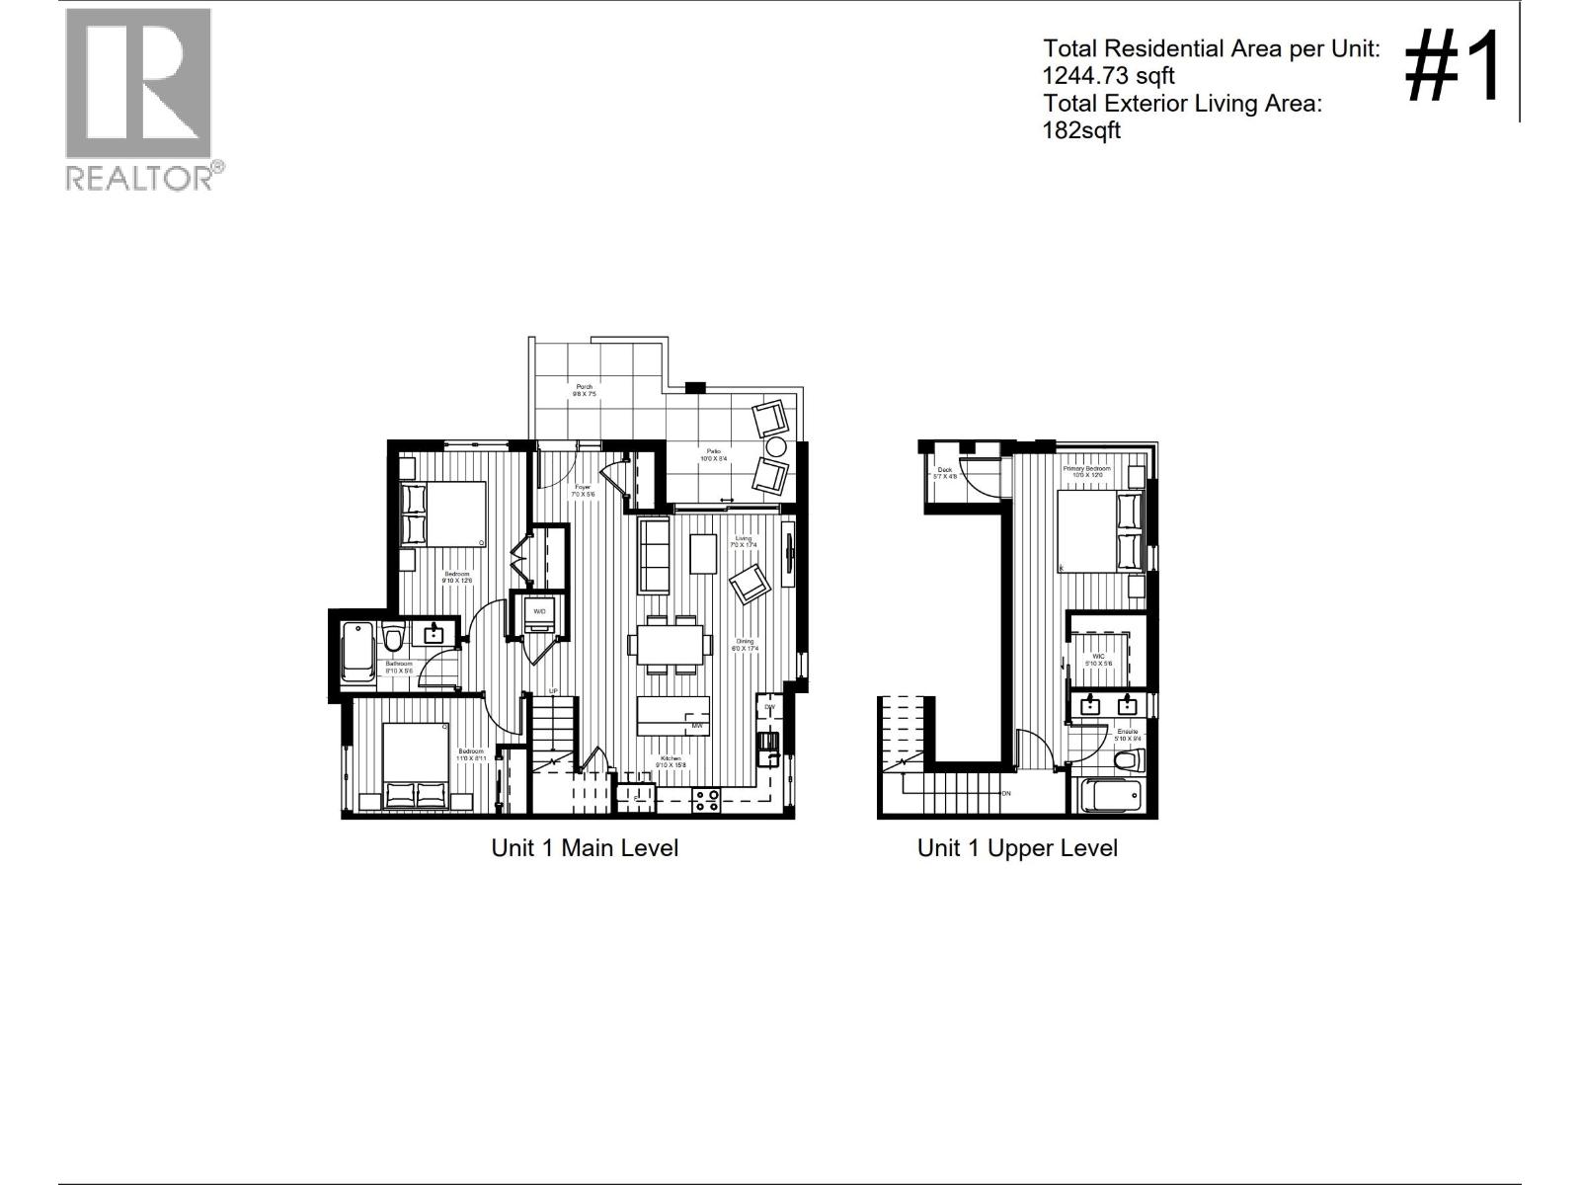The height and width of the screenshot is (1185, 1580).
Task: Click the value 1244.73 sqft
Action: [x=1109, y=76]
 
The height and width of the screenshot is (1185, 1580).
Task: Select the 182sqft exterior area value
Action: [x=1081, y=130]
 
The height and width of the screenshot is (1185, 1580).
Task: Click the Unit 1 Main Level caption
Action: [x=585, y=848]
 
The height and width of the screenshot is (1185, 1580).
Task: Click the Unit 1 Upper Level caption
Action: [x=1017, y=848]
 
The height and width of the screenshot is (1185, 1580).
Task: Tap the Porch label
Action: [x=584, y=386]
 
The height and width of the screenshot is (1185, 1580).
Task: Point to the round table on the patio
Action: [x=776, y=447]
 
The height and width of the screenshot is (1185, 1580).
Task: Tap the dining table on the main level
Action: [x=670, y=645]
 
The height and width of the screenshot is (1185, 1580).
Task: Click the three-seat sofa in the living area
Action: [x=654, y=555]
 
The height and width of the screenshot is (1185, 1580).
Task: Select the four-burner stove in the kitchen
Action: [x=705, y=799]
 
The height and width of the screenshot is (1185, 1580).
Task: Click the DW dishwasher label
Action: [x=769, y=707]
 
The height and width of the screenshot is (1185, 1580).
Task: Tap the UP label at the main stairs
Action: [x=554, y=691]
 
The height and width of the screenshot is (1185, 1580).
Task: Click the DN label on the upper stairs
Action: [x=1005, y=793]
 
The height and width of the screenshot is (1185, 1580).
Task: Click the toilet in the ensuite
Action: [x=1129, y=760]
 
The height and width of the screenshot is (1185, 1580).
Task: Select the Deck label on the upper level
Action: [x=945, y=470]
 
